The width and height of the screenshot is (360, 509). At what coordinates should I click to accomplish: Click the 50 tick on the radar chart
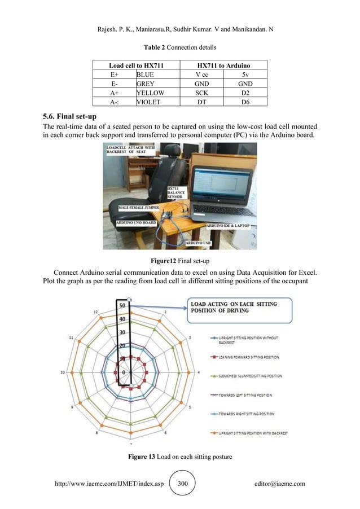pyautogui.click(x=121, y=306)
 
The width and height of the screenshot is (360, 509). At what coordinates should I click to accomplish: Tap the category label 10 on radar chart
pyautogui.click(x=64, y=372)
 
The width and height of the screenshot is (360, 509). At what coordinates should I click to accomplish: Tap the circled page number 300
pyautogui.click(x=181, y=484)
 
